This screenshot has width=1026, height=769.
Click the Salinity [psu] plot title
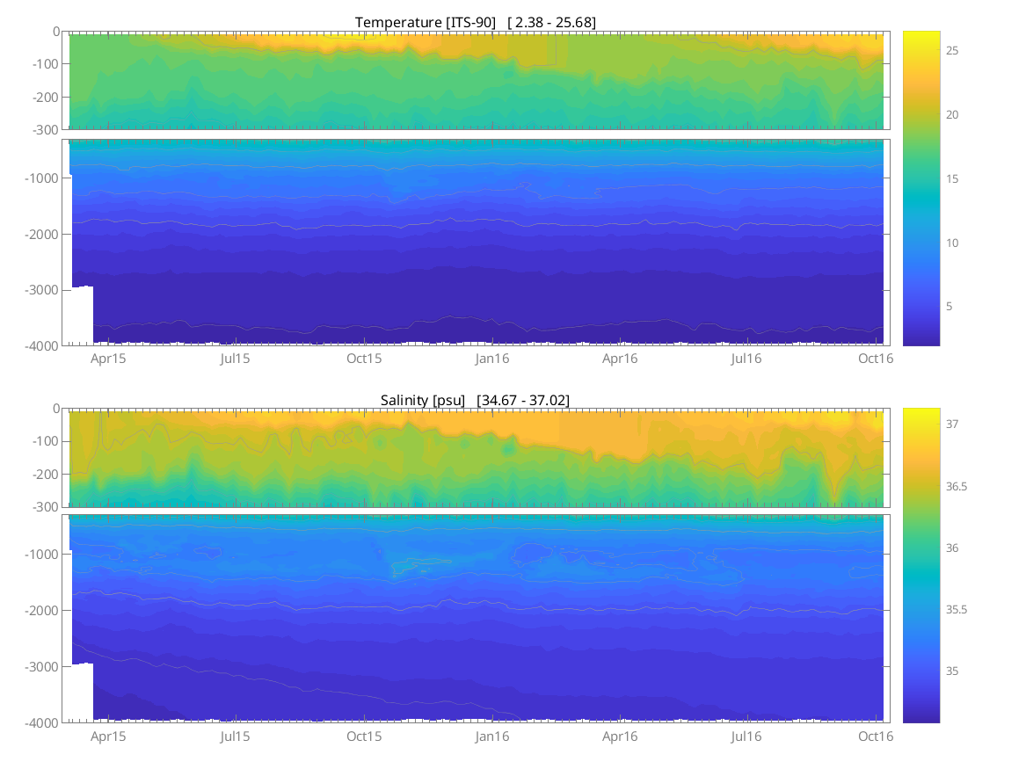tap(422, 400)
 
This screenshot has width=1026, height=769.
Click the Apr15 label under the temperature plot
tap(108, 359)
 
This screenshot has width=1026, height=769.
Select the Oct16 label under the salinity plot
tap(876, 736)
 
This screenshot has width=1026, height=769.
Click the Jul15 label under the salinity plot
tap(235, 736)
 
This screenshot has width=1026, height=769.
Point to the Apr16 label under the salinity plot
tap(620, 736)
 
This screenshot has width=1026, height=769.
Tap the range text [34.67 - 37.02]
tap(523, 400)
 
